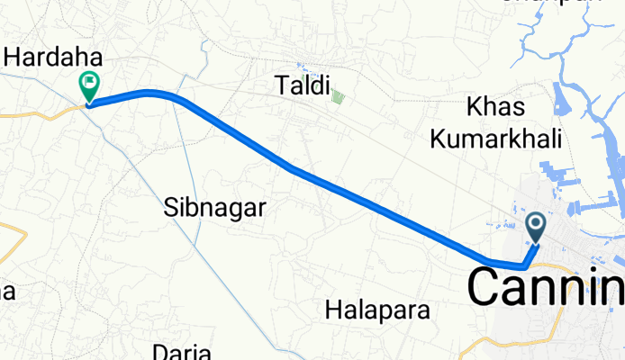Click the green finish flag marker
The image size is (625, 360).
pyautogui.click(x=90, y=86)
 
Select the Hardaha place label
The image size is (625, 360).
pyautogui.click(x=53, y=58)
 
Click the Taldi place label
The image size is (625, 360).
pyautogui.click(x=301, y=85)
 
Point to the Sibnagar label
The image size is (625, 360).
pyautogui.click(x=215, y=209)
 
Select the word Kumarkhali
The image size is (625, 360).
pyautogui.click(x=495, y=139)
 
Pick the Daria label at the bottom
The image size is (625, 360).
pyautogui.click(x=183, y=352)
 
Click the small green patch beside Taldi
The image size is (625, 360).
pyautogui.click(x=338, y=96)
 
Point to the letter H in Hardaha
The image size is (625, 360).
pyautogui.click(x=14, y=58)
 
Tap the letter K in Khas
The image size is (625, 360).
pyautogui.click(x=474, y=107)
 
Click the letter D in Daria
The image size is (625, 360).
pyautogui.click(x=161, y=352)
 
